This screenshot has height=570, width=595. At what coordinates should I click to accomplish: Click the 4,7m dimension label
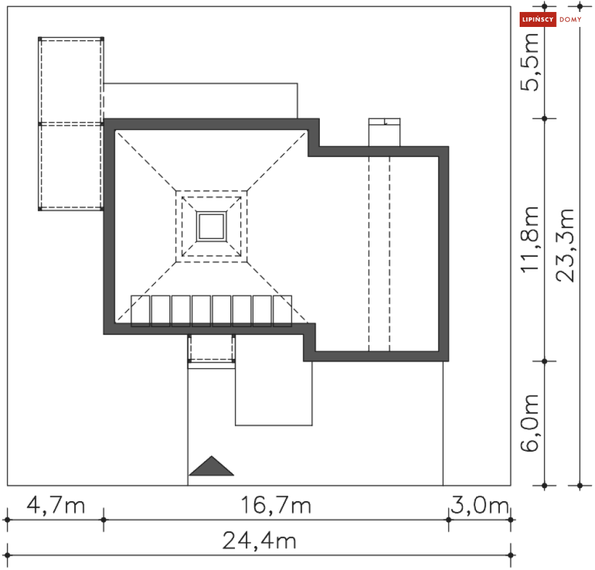coord(56,506)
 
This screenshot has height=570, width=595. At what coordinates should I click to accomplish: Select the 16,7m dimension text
coord(276,506)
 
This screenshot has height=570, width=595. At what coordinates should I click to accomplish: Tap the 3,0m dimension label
coord(480,506)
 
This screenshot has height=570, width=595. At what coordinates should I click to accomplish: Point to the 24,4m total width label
coord(259,541)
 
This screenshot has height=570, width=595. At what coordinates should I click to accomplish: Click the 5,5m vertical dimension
coord(530,62)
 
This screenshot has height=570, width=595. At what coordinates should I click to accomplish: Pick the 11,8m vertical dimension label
coord(530,239)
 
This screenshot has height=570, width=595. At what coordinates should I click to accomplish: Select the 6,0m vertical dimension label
coord(530,423)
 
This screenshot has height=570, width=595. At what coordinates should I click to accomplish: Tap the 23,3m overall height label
coord(565,245)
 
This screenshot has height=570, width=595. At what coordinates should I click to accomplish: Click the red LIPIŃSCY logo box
coord(538,19)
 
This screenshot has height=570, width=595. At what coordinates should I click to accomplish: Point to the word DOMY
coord(570,19)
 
